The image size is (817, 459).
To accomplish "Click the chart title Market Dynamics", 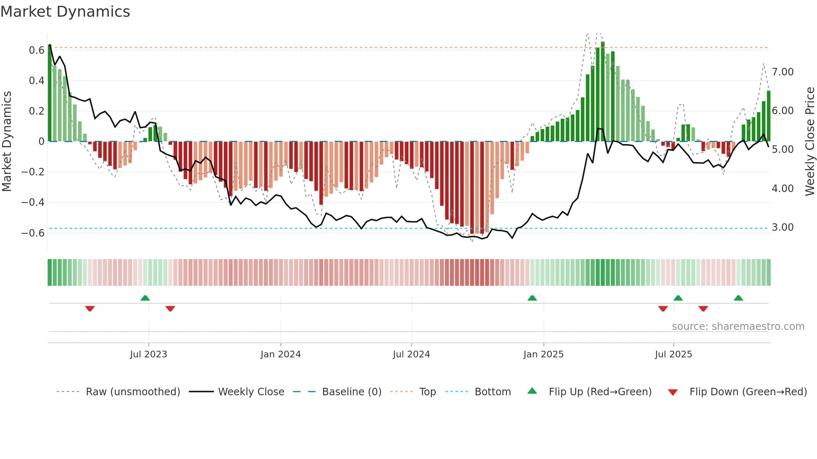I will pyautogui.click(x=65, y=12).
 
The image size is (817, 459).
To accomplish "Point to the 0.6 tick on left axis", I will pyautogui.click(x=36, y=50).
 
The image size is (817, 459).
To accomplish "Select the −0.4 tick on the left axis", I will pyautogui.click(x=33, y=202).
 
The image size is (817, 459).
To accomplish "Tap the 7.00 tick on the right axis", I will pyautogui.click(x=782, y=72).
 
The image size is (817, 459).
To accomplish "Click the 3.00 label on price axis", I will pyautogui.click(x=782, y=227).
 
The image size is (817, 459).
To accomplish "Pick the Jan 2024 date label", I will pyautogui.click(x=281, y=354).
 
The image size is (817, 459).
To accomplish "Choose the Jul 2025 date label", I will pyautogui.click(x=673, y=354).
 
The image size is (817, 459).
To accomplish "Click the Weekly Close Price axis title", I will pyautogui.click(x=809, y=141).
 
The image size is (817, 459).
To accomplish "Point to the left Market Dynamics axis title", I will pyautogui.click(x=7, y=141).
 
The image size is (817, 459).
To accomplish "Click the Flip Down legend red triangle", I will pyautogui.click(x=672, y=392).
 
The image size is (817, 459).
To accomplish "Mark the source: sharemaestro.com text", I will pyautogui.click(x=738, y=327).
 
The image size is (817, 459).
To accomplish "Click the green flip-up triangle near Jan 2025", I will pyautogui.click(x=532, y=298).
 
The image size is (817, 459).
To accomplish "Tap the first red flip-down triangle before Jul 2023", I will pyautogui.click(x=90, y=309).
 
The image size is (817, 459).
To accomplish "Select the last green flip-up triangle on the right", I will pyautogui.click(x=738, y=298).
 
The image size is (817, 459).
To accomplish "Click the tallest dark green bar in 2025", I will pyautogui.click(x=603, y=92).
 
